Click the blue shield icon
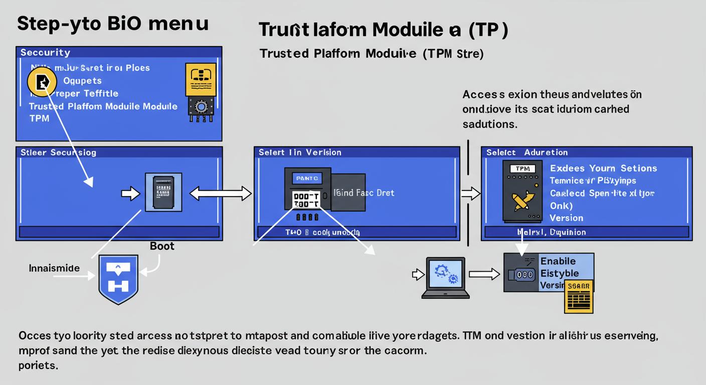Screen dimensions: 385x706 118,279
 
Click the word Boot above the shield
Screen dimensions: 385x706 162,246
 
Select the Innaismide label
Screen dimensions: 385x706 54,268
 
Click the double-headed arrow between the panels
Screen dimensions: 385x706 221,194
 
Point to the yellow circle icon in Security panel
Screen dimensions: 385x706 43,82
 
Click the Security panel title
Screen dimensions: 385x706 45,52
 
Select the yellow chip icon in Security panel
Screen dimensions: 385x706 201,79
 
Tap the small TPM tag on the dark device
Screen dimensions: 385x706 522,169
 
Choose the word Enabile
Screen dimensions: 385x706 558,261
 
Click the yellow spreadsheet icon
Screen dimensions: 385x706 579,296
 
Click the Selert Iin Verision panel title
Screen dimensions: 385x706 300,152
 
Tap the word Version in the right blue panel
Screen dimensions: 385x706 566,218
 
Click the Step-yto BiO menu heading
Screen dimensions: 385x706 113,24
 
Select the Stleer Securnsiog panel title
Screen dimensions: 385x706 58,152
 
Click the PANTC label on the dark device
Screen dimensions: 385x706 303,178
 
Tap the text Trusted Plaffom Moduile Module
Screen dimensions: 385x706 103,106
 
